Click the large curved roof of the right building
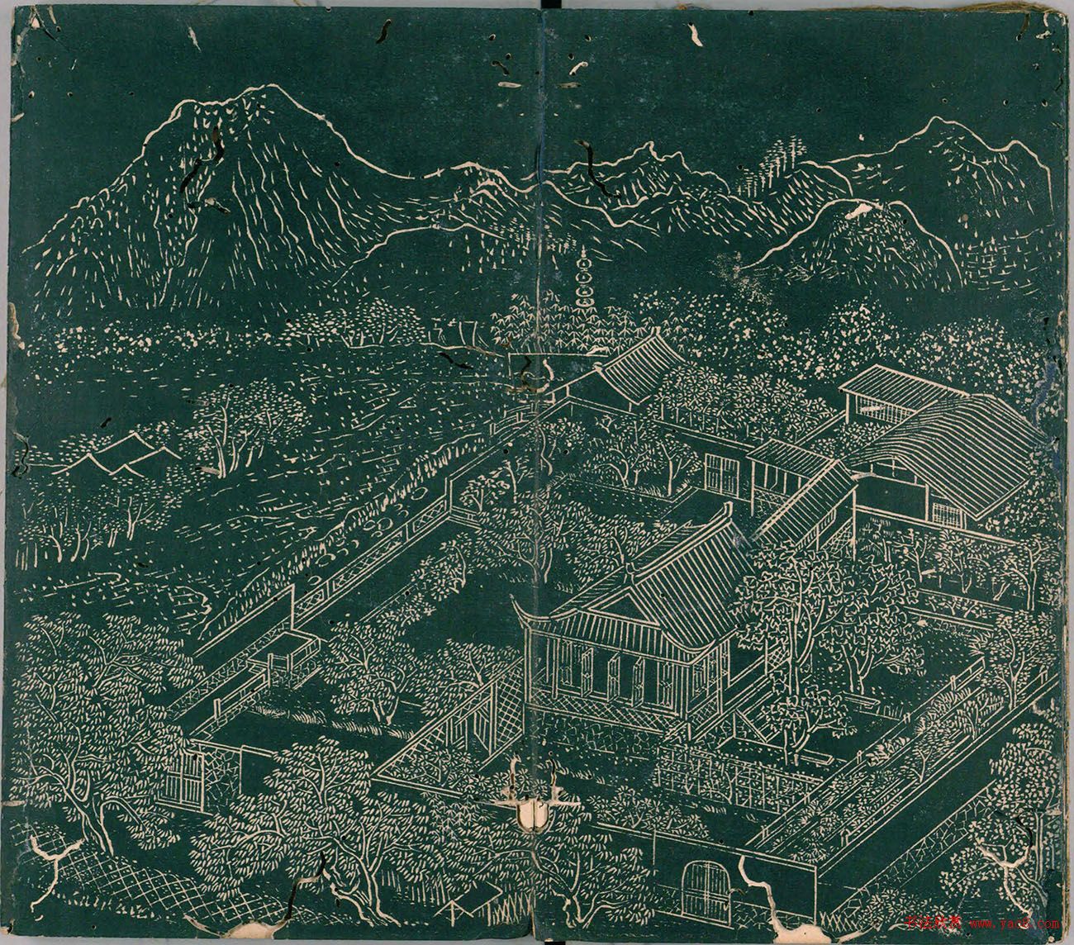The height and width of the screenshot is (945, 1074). (x=950, y=446)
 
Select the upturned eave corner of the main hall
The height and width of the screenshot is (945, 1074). (x=520, y=607)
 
